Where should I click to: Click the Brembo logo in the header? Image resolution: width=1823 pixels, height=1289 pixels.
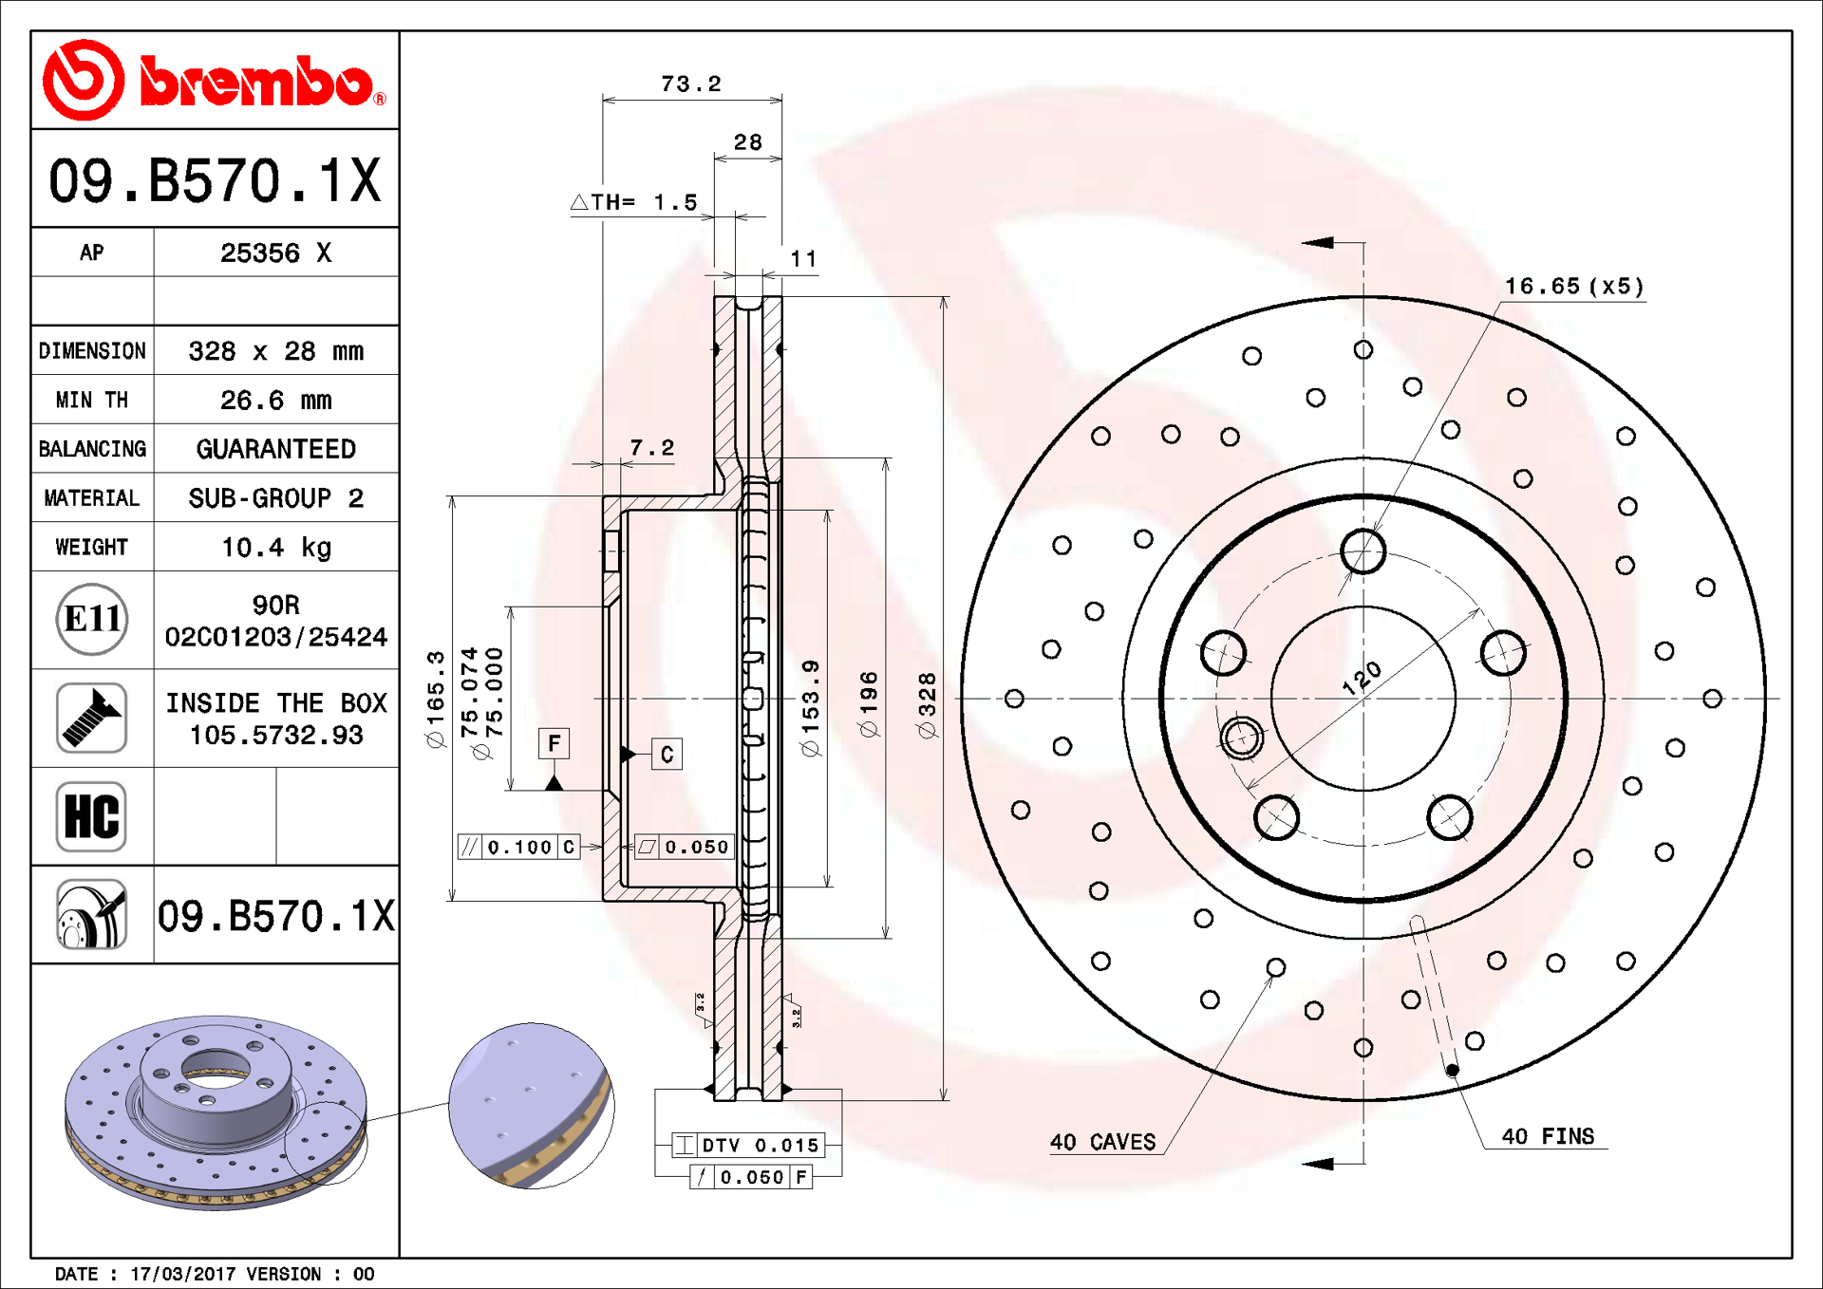[x=215, y=81]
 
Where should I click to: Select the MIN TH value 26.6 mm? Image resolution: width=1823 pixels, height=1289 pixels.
[x=276, y=401]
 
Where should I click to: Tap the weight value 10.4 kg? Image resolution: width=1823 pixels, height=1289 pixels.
[x=276, y=548]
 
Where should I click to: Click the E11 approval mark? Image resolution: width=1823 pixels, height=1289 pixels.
[x=92, y=620]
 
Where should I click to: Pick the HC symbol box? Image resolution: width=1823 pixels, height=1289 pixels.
[x=91, y=816]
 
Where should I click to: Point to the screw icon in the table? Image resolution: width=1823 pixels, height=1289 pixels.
[x=91, y=719]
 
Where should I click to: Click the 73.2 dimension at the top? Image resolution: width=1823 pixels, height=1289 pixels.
[x=691, y=84]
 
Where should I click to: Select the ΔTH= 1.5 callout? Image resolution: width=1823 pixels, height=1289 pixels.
[x=634, y=202]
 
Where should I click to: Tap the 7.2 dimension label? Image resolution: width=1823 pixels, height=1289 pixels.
[x=652, y=448]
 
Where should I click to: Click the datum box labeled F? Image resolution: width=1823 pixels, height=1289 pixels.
[x=554, y=743]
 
